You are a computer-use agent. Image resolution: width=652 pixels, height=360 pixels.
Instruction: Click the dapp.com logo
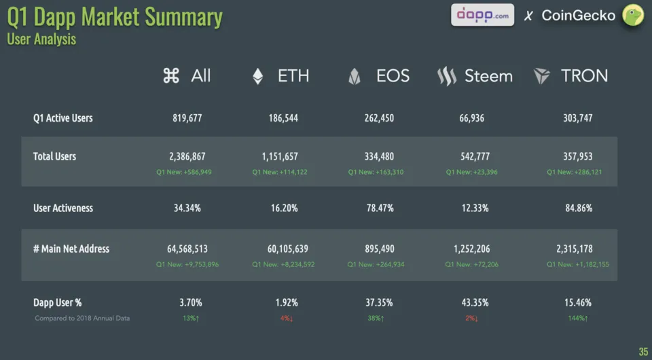(482, 15)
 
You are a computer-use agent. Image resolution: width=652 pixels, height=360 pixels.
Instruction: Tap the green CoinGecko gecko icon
(633, 15)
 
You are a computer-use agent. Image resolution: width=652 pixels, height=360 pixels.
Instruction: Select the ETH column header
(293, 76)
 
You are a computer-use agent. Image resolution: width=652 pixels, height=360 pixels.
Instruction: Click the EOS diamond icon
(354, 77)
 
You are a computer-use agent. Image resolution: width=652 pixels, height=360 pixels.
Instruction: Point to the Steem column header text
(488, 76)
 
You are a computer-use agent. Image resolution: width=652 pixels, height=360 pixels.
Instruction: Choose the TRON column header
(584, 76)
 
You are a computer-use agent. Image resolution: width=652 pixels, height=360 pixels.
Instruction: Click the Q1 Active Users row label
(63, 118)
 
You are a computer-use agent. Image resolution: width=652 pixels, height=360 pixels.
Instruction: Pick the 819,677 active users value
(187, 118)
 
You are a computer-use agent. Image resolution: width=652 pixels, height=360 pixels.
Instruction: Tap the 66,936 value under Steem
(471, 118)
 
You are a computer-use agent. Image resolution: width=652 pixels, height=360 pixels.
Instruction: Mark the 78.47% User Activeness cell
(380, 208)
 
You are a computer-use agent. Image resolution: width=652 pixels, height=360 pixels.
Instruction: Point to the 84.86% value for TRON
(578, 208)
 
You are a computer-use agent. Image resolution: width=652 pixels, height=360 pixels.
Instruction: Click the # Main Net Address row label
(71, 249)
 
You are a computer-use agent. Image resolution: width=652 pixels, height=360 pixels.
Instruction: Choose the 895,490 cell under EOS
(380, 249)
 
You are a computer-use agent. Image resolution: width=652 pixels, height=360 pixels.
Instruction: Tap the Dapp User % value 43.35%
(475, 302)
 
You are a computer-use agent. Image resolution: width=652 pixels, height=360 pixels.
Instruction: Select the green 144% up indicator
(578, 318)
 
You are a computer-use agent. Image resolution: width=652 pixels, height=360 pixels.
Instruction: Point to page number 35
(643, 351)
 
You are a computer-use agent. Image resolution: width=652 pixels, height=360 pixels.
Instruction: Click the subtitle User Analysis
(41, 39)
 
